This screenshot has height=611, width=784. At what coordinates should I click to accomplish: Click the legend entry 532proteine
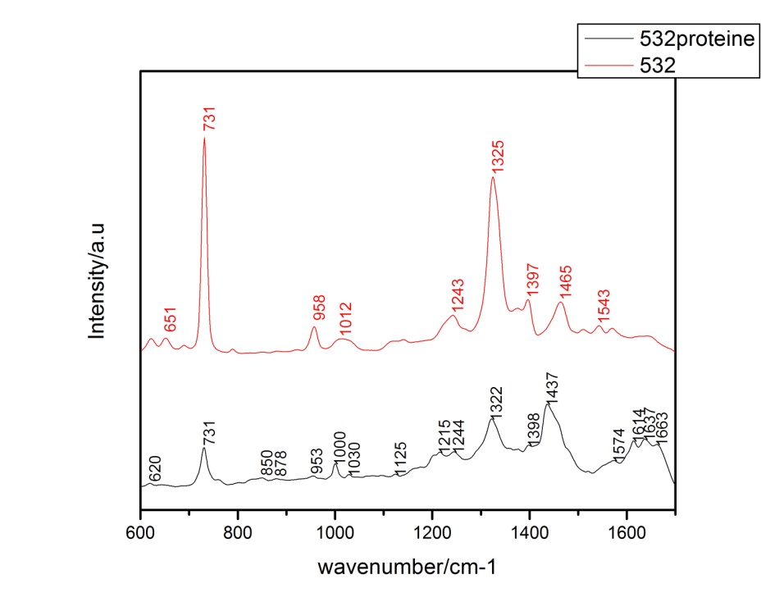tap(696, 39)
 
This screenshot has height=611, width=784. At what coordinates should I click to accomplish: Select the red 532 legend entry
tap(657, 66)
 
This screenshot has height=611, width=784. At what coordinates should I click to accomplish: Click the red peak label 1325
tap(497, 156)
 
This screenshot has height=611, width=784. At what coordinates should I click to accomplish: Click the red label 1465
tap(565, 281)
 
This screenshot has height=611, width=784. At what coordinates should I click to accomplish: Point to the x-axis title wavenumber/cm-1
tap(408, 567)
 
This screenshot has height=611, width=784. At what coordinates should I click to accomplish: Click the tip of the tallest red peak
tap(204, 139)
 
